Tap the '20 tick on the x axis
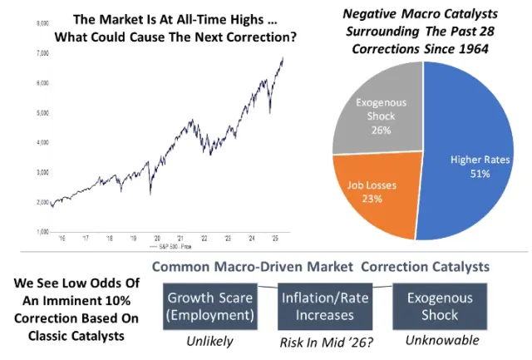tap(157, 238)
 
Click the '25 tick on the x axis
tap(273, 238)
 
